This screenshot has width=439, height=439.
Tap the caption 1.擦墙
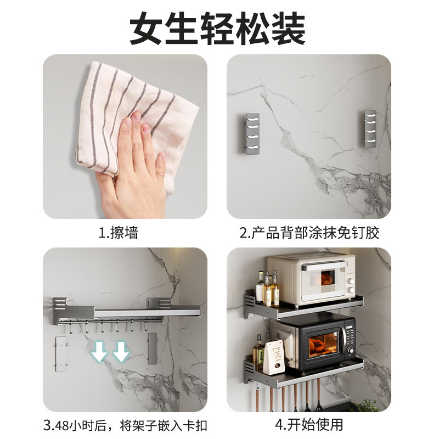click(119, 233)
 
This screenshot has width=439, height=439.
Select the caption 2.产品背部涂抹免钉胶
click(309, 233)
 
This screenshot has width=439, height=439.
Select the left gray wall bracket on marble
click(252, 134)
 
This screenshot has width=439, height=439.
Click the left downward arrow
click(99, 351)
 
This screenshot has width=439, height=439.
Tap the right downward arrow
click(121, 351)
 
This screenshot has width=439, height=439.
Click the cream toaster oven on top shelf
click(310, 279)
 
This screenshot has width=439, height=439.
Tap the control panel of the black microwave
click(349, 344)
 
